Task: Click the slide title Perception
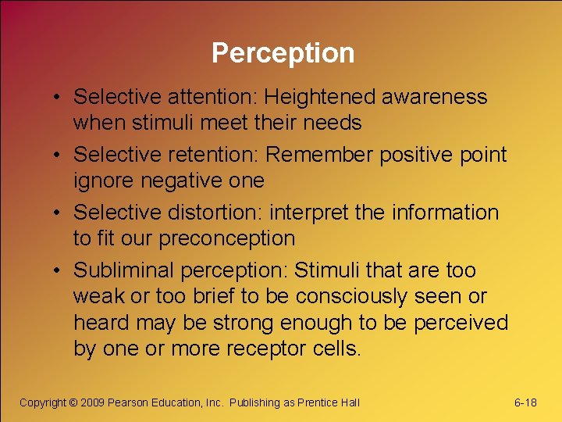pos(283,53)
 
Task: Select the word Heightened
pos(320,97)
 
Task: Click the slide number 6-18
pos(525,402)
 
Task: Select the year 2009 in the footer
pos(92,402)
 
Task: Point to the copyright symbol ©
pos(73,402)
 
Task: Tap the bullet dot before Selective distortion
pos(59,213)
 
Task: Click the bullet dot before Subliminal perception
pos(59,270)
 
